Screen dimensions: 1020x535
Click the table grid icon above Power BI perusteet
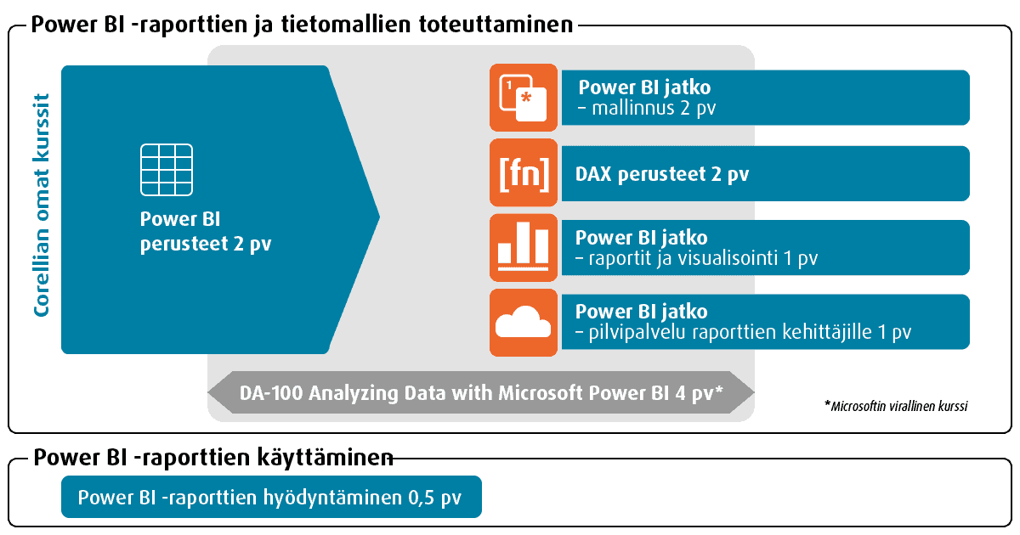pyautogui.click(x=167, y=170)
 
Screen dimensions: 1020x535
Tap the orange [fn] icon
pyautogui.click(x=524, y=173)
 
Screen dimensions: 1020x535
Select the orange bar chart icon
pyautogui.click(x=524, y=247)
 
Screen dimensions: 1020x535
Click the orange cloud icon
pyautogui.click(x=524, y=323)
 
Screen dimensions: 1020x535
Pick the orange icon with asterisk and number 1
pyautogui.click(x=524, y=98)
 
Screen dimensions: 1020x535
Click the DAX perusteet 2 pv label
pyautogui.click(x=661, y=174)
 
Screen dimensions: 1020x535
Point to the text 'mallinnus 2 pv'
pyautogui.click(x=654, y=109)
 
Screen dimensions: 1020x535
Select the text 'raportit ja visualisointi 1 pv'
pyautogui.click(x=703, y=258)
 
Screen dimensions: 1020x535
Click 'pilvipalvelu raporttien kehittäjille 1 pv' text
pyautogui.click(x=750, y=332)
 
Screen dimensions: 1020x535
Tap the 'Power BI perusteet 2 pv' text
pyautogui.click(x=206, y=232)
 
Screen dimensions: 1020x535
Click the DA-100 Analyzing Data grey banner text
pyautogui.click(x=481, y=393)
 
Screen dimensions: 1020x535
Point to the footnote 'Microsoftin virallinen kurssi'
pyautogui.click(x=899, y=406)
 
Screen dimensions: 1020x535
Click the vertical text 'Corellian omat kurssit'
pyautogui.click(x=42, y=205)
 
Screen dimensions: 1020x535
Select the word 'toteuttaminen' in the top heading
pyautogui.click(x=496, y=24)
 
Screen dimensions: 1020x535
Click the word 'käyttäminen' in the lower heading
pyautogui.click(x=325, y=457)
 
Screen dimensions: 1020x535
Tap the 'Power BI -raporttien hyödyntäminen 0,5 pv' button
pyautogui.click(x=271, y=497)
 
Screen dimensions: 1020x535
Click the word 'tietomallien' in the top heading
pyautogui.click(x=346, y=24)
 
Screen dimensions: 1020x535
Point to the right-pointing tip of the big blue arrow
pyautogui.click(x=379, y=217)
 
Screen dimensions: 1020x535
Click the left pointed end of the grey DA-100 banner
pyautogui.click(x=209, y=392)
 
